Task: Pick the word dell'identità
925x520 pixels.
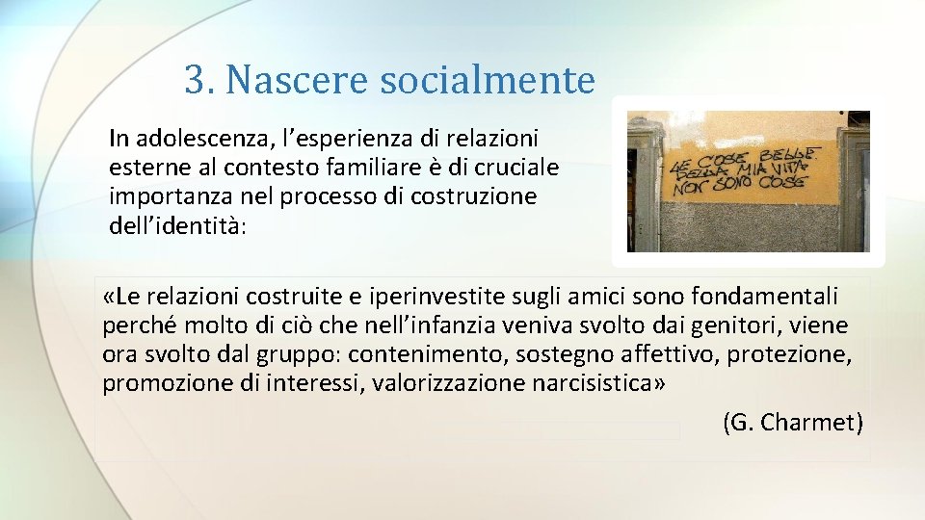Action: click(x=178, y=226)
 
